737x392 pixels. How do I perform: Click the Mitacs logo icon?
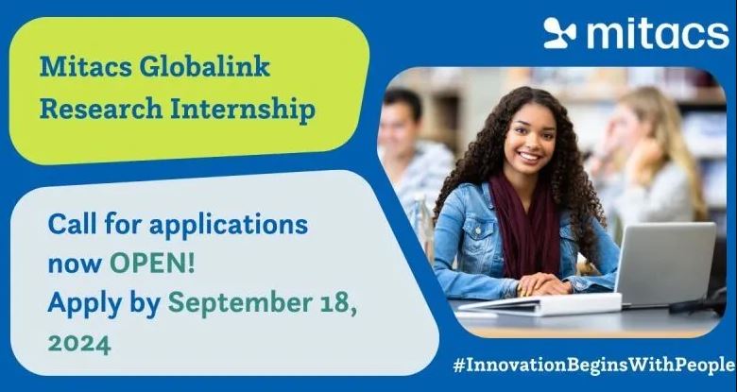[x=559, y=33]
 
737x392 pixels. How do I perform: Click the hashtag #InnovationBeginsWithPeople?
[x=593, y=365]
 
